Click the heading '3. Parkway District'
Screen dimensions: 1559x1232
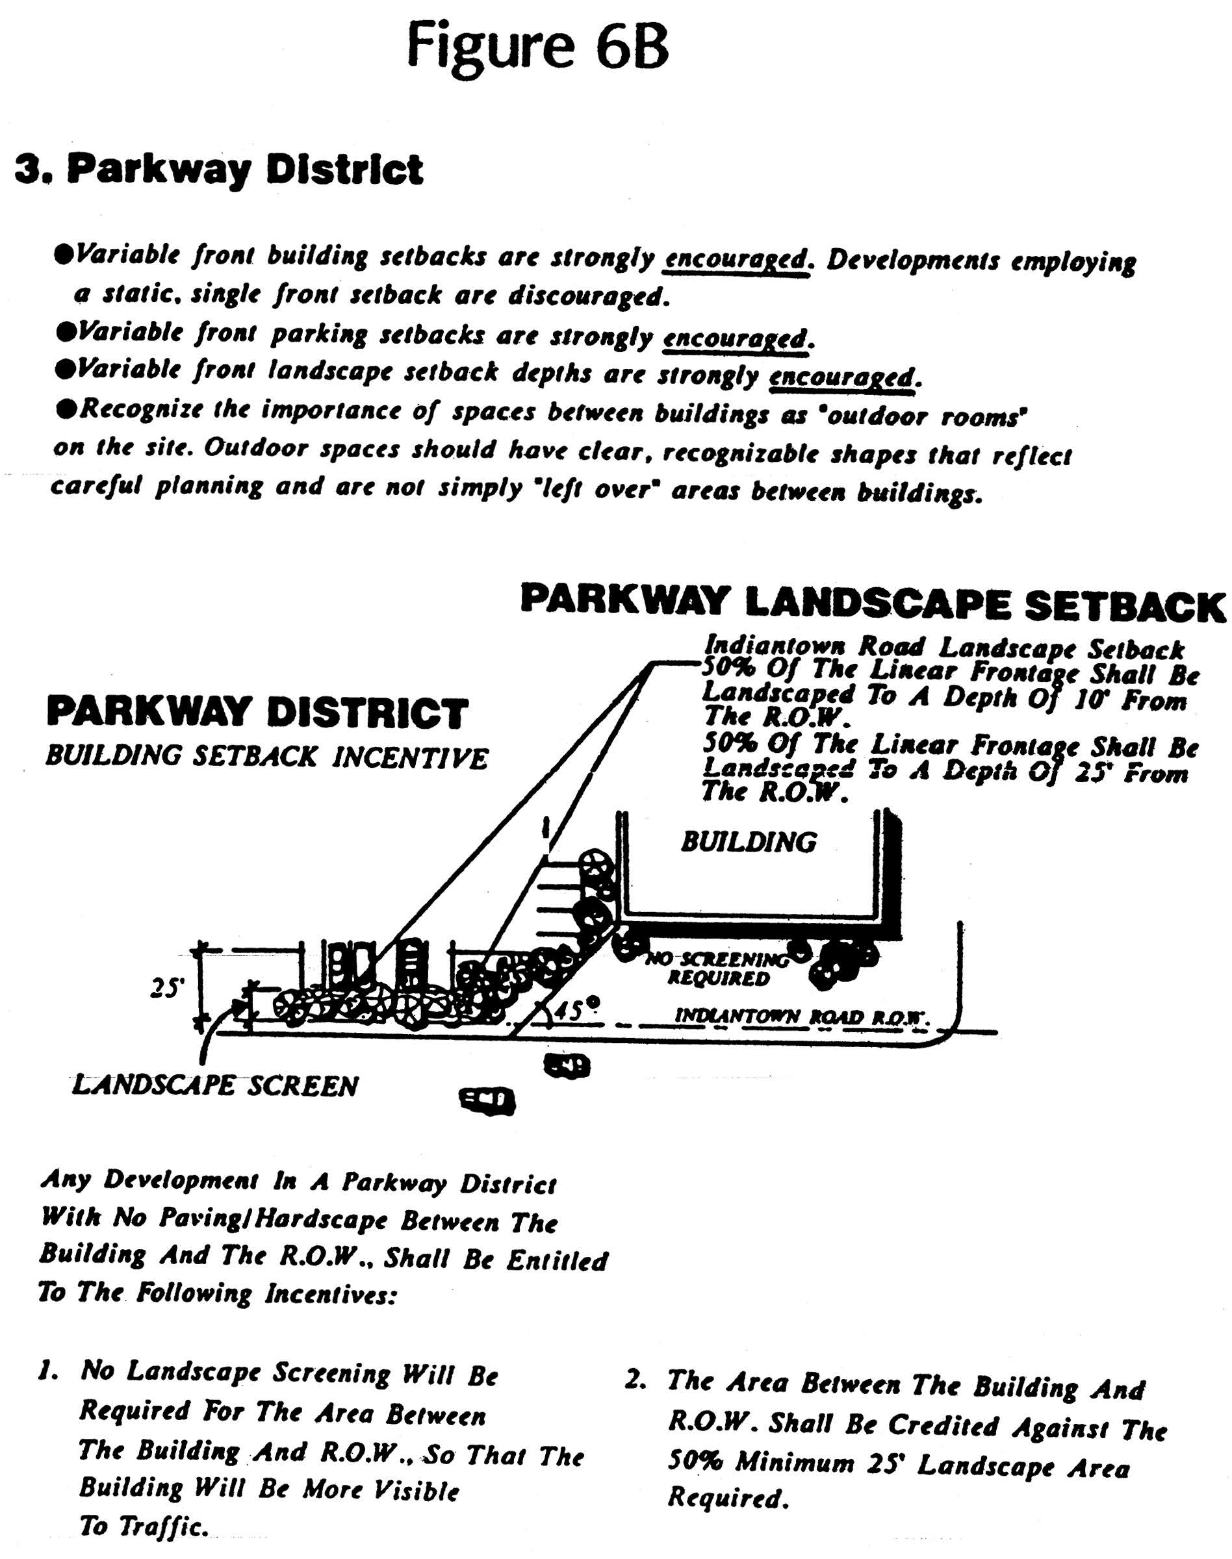tap(218, 170)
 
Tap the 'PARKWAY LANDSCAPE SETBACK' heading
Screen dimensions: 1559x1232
tap(873, 603)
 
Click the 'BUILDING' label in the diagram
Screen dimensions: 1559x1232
tap(749, 841)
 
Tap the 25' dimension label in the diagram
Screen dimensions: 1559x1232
tap(165, 989)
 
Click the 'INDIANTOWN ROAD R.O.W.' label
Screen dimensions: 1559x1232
tap(799, 1017)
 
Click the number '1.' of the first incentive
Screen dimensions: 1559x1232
tap(47, 1371)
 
